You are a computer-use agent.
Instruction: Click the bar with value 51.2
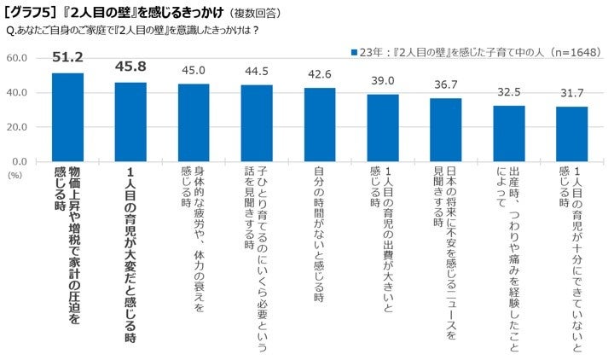pos(68,117)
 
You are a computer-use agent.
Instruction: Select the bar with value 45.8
pos(131,121)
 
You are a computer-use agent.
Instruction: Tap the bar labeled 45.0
pos(194,122)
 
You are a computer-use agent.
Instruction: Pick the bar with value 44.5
pos(257,123)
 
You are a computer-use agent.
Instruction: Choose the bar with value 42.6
pos(320,125)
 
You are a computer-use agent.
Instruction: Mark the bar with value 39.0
pos(383,127)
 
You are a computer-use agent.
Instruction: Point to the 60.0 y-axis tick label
pos(18,58)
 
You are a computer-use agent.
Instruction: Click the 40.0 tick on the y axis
pos(18,92)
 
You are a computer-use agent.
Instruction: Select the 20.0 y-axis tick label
pos(18,126)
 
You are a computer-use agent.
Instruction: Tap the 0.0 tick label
pos(21,161)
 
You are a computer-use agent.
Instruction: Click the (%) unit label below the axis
pos(14,174)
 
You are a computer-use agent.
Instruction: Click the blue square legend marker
pos(353,51)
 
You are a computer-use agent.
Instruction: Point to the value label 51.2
pos(67,57)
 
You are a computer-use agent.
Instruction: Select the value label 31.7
pos(572,95)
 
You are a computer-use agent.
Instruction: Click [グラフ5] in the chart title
pos(32,14)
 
